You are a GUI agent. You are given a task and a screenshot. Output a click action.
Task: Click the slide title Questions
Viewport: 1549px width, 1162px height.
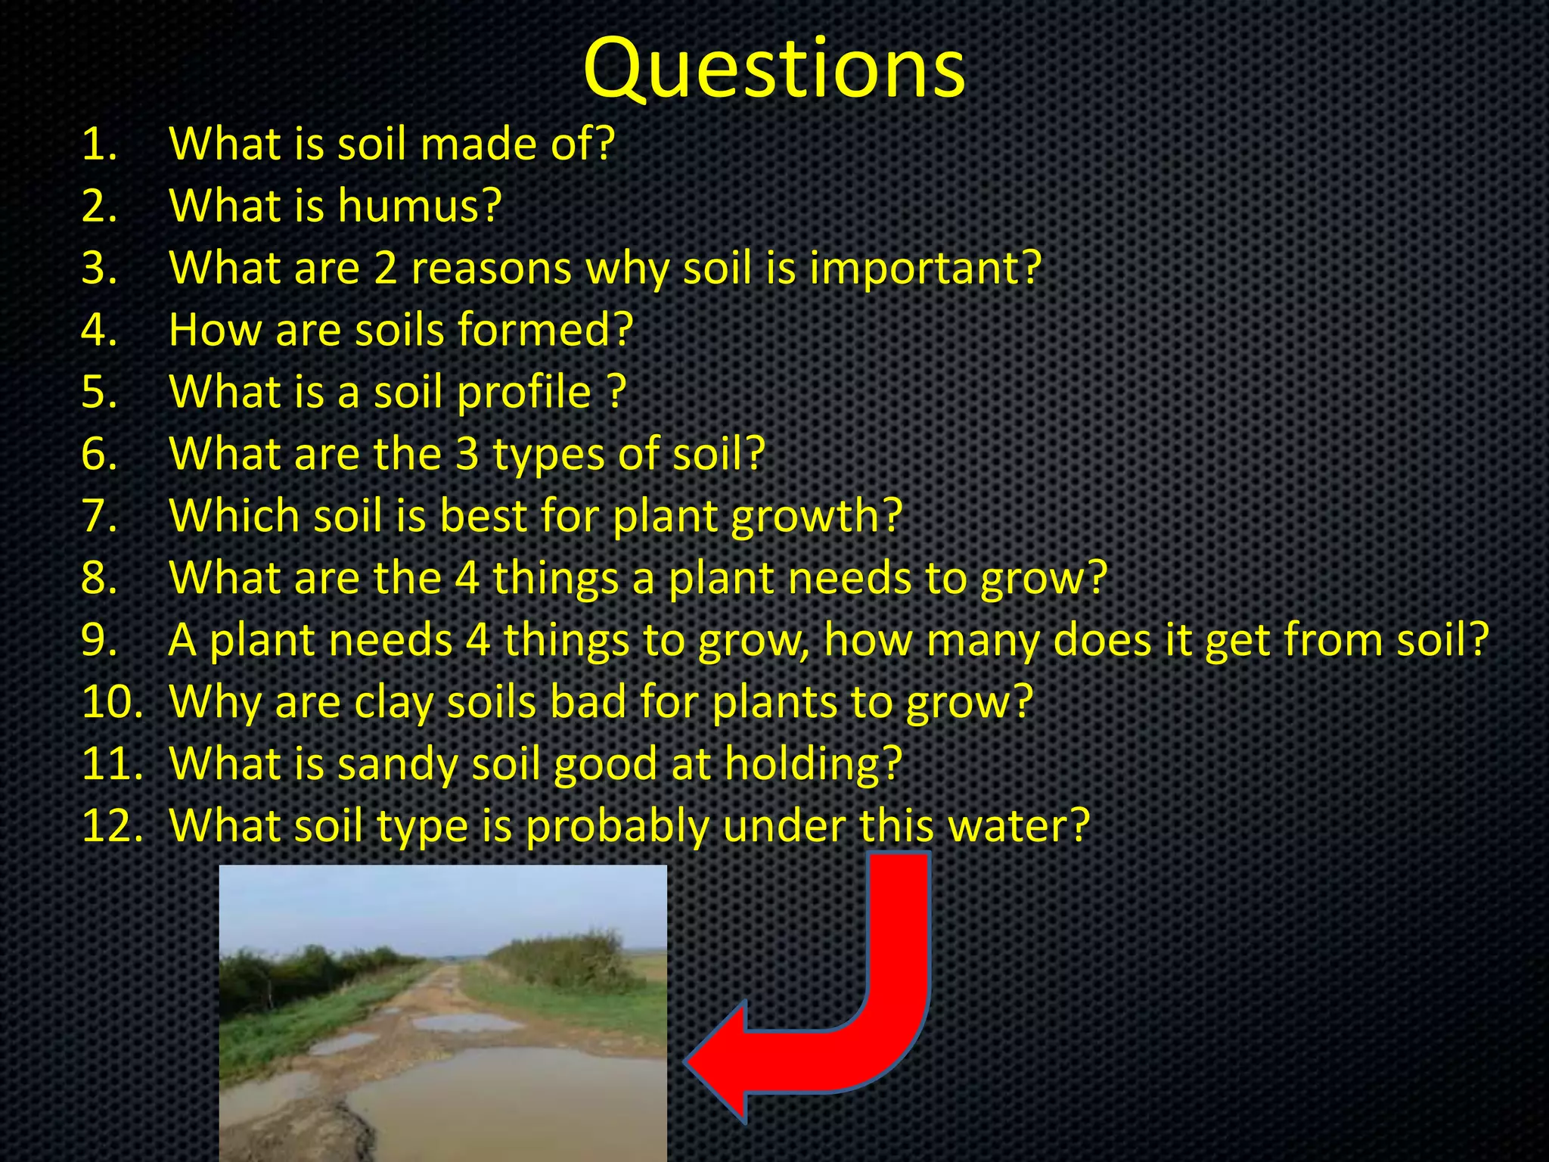[x=774, y=70]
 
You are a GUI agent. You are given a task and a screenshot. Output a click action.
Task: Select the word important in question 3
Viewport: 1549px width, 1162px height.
[x=924, y=269]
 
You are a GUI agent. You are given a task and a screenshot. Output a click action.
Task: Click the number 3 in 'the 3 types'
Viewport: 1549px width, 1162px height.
[x=467, y=454]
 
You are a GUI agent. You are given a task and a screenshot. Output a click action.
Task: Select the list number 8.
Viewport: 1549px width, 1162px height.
[x=98, y=579]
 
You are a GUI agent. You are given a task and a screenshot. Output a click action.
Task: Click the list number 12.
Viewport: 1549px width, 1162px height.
[x=110, y=826]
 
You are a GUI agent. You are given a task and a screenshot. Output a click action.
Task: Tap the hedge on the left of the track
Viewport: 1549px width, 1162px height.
[x=303, y=976]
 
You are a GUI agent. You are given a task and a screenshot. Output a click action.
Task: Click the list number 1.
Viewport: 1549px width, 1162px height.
[x=98, y=144]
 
